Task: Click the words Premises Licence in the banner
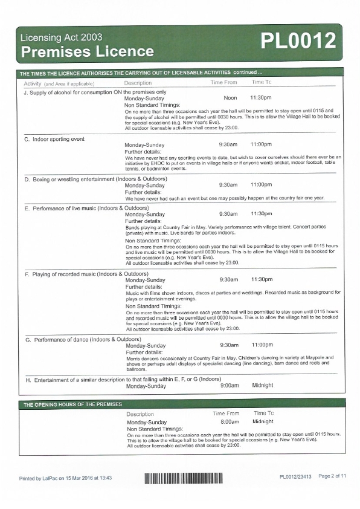87,52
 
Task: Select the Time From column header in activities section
223,82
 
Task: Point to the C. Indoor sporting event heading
54,139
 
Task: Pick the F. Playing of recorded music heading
86,274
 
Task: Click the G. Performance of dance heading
82,340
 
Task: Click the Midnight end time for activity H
263,385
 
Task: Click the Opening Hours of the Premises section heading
72,404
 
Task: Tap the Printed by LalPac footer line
65,478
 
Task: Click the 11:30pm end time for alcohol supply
261,97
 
